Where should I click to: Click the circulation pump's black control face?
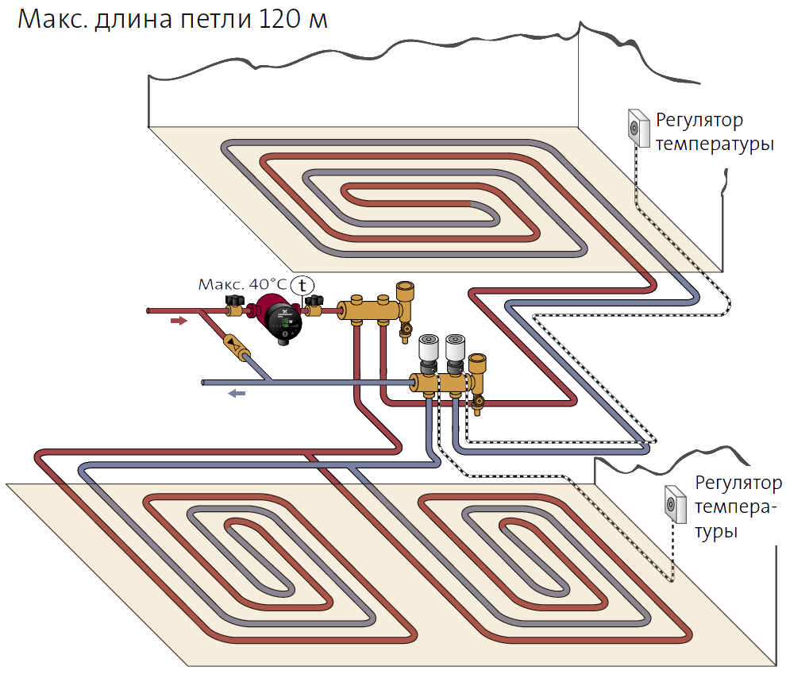coord(283,319)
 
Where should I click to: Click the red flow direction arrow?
coord(179,321)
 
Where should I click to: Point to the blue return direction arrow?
coord(236,392)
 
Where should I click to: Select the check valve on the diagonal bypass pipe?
coord(234,344)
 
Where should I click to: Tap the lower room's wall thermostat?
coord(676,503)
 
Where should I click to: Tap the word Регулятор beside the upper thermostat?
coord(699,121)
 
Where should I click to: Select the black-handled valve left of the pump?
coord(235,304)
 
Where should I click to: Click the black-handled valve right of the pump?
coord(315,303)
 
